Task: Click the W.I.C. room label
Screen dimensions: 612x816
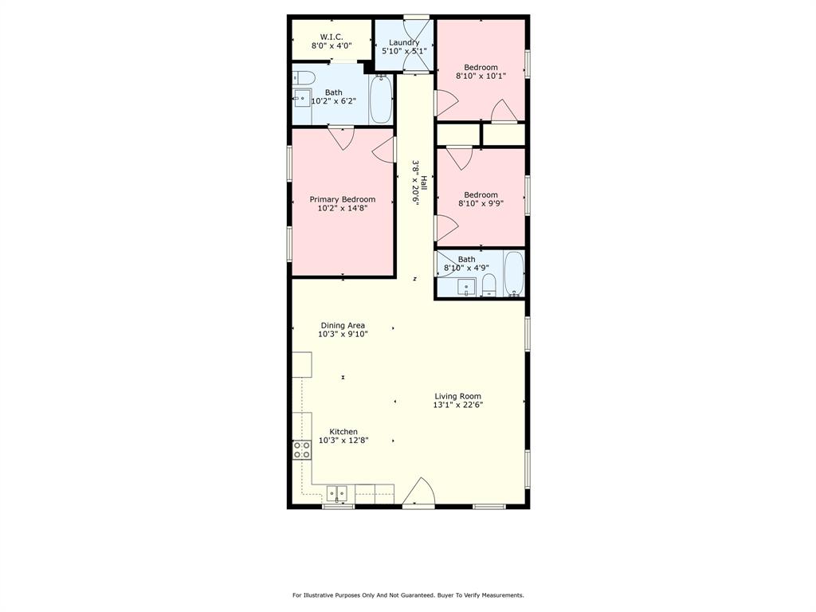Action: (x=331, y=37)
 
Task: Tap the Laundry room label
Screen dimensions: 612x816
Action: (x=404, y=42)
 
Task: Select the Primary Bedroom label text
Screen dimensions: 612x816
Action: (x=342, y=199)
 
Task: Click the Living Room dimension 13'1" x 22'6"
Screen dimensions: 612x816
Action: (x=457, y=405)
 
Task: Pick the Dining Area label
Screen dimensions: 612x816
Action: (x=343, y=325)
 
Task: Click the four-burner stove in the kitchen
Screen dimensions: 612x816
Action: (x=302, y=450)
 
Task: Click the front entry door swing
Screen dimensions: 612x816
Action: (x=418, y=493)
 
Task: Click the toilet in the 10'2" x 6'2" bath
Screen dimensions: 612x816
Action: (x=304, y=77)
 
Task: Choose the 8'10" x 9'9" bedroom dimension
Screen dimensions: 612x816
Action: (x=481, y=203)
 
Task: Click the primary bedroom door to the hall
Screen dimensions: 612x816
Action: (x=385, y=149)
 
